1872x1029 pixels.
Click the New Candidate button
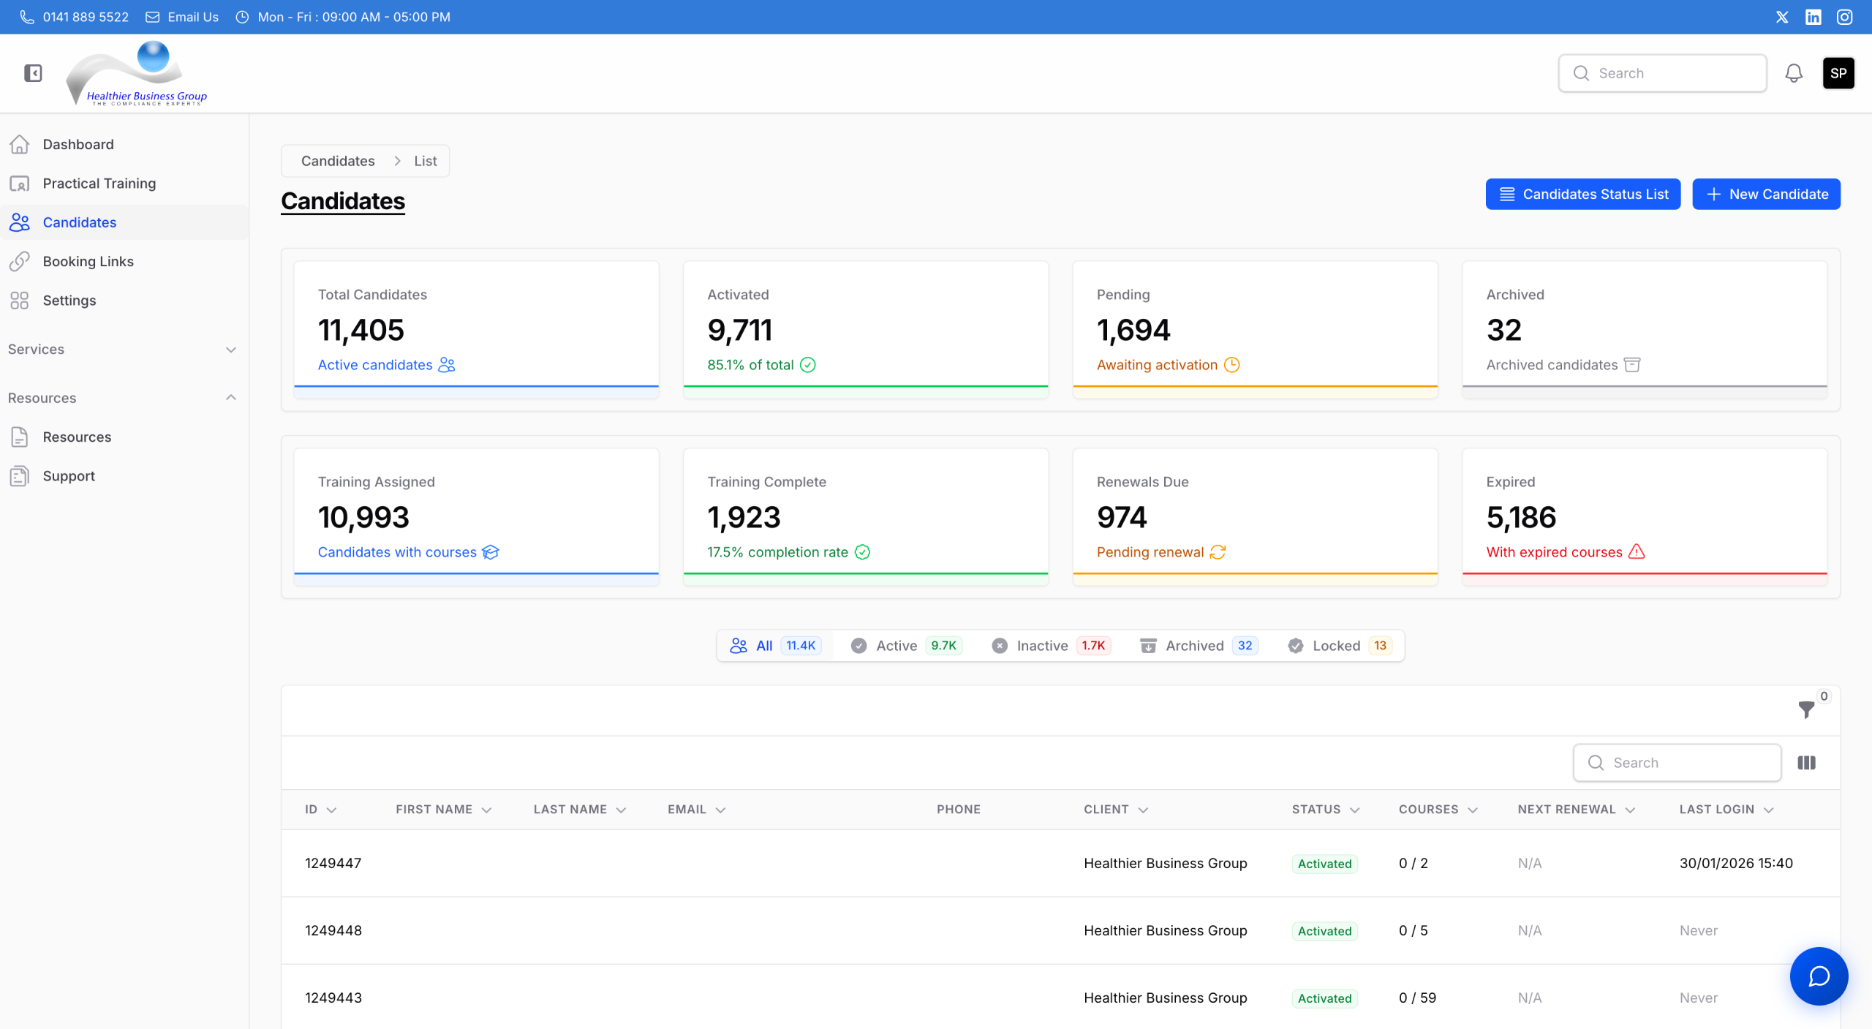point(1765,194)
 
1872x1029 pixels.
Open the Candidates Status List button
point(1582,194)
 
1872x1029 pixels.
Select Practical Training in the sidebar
point(99,184)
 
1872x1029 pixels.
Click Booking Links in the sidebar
point(88,261)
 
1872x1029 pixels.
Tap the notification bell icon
point(1793,73)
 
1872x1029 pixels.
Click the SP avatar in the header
point(1838,73)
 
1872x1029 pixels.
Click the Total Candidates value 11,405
point(361,331)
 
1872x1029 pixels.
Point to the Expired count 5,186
point(1521,518)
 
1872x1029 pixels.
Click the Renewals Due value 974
point(1122,518)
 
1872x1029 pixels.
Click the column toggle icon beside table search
point(1806,763)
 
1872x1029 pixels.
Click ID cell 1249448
point(333,930)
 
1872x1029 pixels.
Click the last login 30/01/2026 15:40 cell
point(1735,863)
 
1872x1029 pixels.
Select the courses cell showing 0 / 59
point(1417,998)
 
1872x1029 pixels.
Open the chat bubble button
point(1819,976)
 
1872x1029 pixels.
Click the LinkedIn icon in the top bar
point(1813,17)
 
